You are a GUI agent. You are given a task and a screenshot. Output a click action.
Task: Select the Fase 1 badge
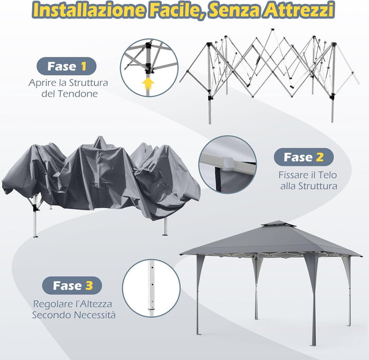[66, 66]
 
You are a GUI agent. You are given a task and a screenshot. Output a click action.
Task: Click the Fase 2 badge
[304, 157]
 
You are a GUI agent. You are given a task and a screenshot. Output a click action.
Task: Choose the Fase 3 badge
[72, 286]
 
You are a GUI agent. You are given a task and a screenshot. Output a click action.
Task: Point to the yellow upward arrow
[149, 83]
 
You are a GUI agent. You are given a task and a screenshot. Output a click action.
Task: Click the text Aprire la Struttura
[69, 83]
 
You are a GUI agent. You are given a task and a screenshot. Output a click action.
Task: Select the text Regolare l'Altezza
[73, 304]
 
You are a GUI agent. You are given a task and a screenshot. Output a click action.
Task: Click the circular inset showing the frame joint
[149, 67]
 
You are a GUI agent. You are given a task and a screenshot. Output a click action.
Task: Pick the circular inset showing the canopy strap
[227, 164]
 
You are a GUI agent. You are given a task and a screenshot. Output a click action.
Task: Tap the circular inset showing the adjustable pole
[151, 288]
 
